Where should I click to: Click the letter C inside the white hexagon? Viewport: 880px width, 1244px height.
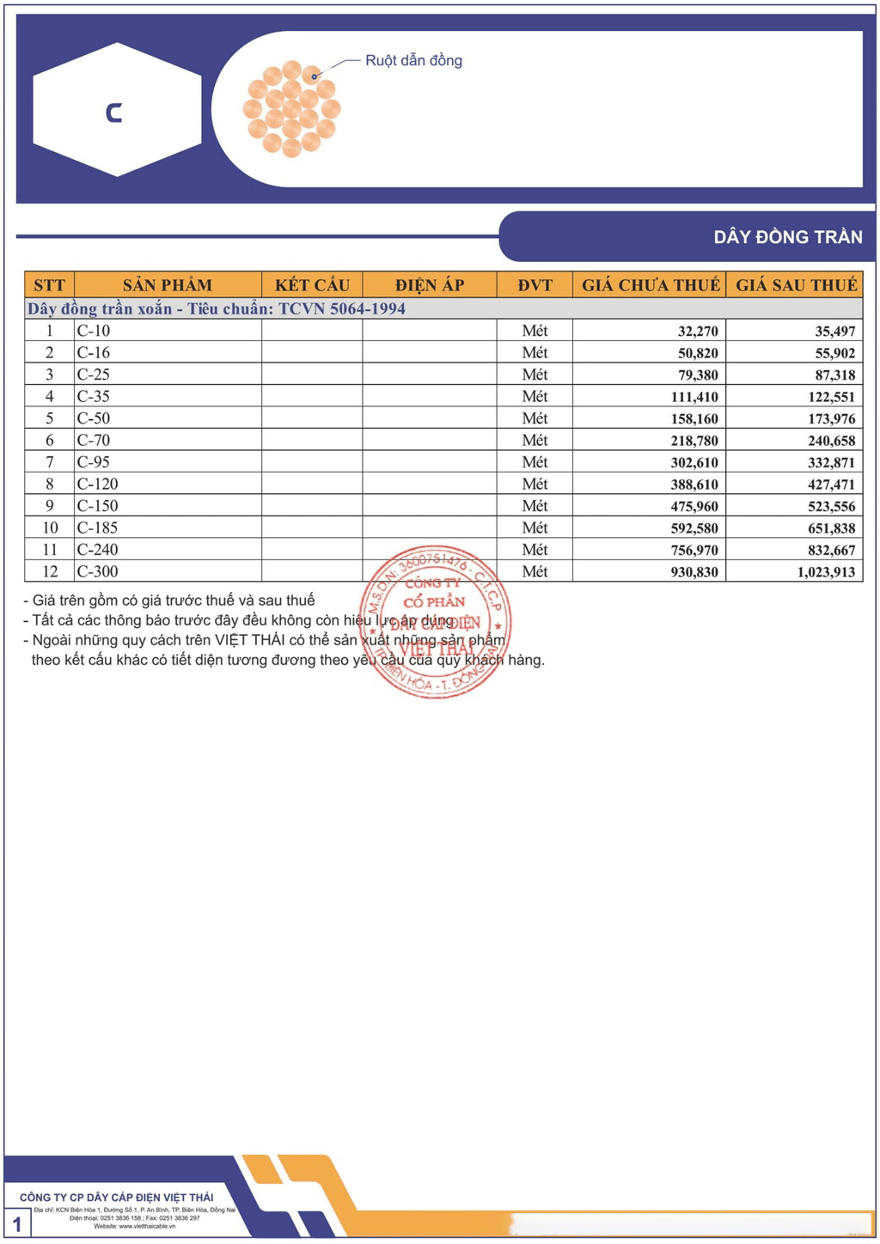coord(113,113)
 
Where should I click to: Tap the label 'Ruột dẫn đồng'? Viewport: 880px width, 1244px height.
coord(413,60)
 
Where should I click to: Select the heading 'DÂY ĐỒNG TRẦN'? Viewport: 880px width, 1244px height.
coord(787,237)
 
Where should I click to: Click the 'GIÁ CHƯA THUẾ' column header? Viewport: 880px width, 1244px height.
coord(650,285)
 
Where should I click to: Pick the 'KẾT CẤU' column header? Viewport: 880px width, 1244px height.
coord(312,285)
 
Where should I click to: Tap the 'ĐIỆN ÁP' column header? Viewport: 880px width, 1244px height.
coord(430,285)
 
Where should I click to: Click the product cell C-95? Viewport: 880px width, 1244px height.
coord(94,462)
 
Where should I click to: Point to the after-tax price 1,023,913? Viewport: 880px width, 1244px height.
coord(826,572)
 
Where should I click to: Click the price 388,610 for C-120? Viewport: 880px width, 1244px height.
coord(694,485)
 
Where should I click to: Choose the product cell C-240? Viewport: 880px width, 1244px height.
coord(97,550)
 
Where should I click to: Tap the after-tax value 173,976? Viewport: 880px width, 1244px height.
coord(831,419)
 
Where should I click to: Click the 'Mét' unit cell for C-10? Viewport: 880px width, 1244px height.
coord(535,331)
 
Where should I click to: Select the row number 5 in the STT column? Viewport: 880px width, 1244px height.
coord(49,418)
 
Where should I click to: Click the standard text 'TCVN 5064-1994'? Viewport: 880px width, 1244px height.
coord(342,308)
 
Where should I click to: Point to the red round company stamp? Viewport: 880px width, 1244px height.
coord(436,621)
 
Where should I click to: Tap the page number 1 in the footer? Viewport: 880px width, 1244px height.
coord(16,1224)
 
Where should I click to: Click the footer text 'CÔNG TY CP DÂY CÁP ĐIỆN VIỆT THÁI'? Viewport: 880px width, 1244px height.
coord(117,1197)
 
